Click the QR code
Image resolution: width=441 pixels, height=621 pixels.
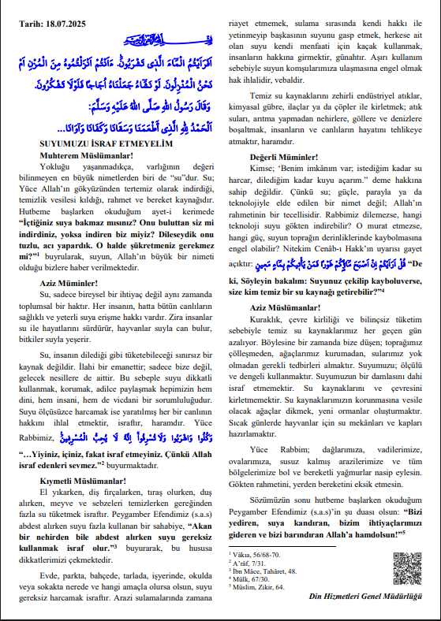[x=407, y=567]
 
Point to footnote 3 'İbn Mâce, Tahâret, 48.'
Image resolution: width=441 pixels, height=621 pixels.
[x=260, y=571]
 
